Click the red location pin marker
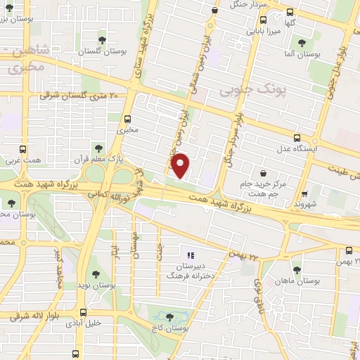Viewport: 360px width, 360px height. coord(181,165)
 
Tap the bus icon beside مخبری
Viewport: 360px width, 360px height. coord(127,119)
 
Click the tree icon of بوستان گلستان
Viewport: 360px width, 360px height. coord(103,39)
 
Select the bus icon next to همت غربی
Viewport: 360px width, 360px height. coord(23,149)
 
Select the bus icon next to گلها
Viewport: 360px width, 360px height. coord(290,11)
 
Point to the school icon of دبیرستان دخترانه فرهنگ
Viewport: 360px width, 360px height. coord(189,255)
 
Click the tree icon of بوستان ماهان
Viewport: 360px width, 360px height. coord(297,269)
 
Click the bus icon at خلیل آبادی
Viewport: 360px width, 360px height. coord(84,313)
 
